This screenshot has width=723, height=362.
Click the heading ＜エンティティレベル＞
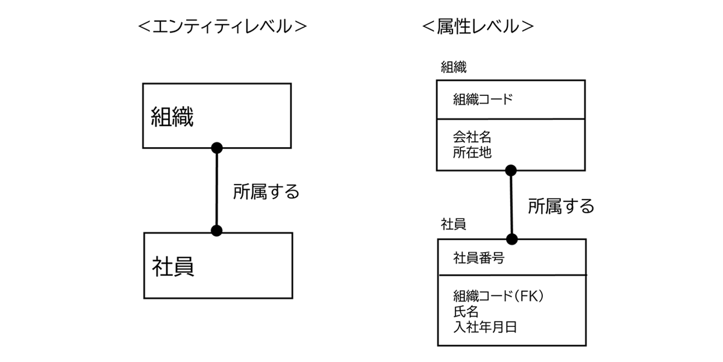(222, 27)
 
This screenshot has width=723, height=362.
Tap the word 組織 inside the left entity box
(172, 116)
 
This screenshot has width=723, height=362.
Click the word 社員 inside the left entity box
(173, 266)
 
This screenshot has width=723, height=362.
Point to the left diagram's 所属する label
(266, 192)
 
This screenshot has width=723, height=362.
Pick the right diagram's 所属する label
(561, 206)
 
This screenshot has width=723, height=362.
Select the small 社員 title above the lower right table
(454, 224)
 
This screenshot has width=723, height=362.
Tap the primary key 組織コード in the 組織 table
(483, 100)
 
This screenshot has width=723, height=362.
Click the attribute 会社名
(472, 138)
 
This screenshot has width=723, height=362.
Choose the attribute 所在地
(472, 153)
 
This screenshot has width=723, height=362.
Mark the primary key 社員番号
(478, 259)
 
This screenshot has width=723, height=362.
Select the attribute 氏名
(466, 312)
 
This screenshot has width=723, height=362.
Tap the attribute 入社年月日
(485, 328)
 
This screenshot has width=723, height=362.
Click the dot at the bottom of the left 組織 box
(217, 148)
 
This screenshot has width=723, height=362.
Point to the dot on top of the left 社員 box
(217, 230)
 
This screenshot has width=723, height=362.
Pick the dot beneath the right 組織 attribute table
(511, 170)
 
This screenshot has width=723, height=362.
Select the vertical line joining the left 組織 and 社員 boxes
(217, 189)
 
